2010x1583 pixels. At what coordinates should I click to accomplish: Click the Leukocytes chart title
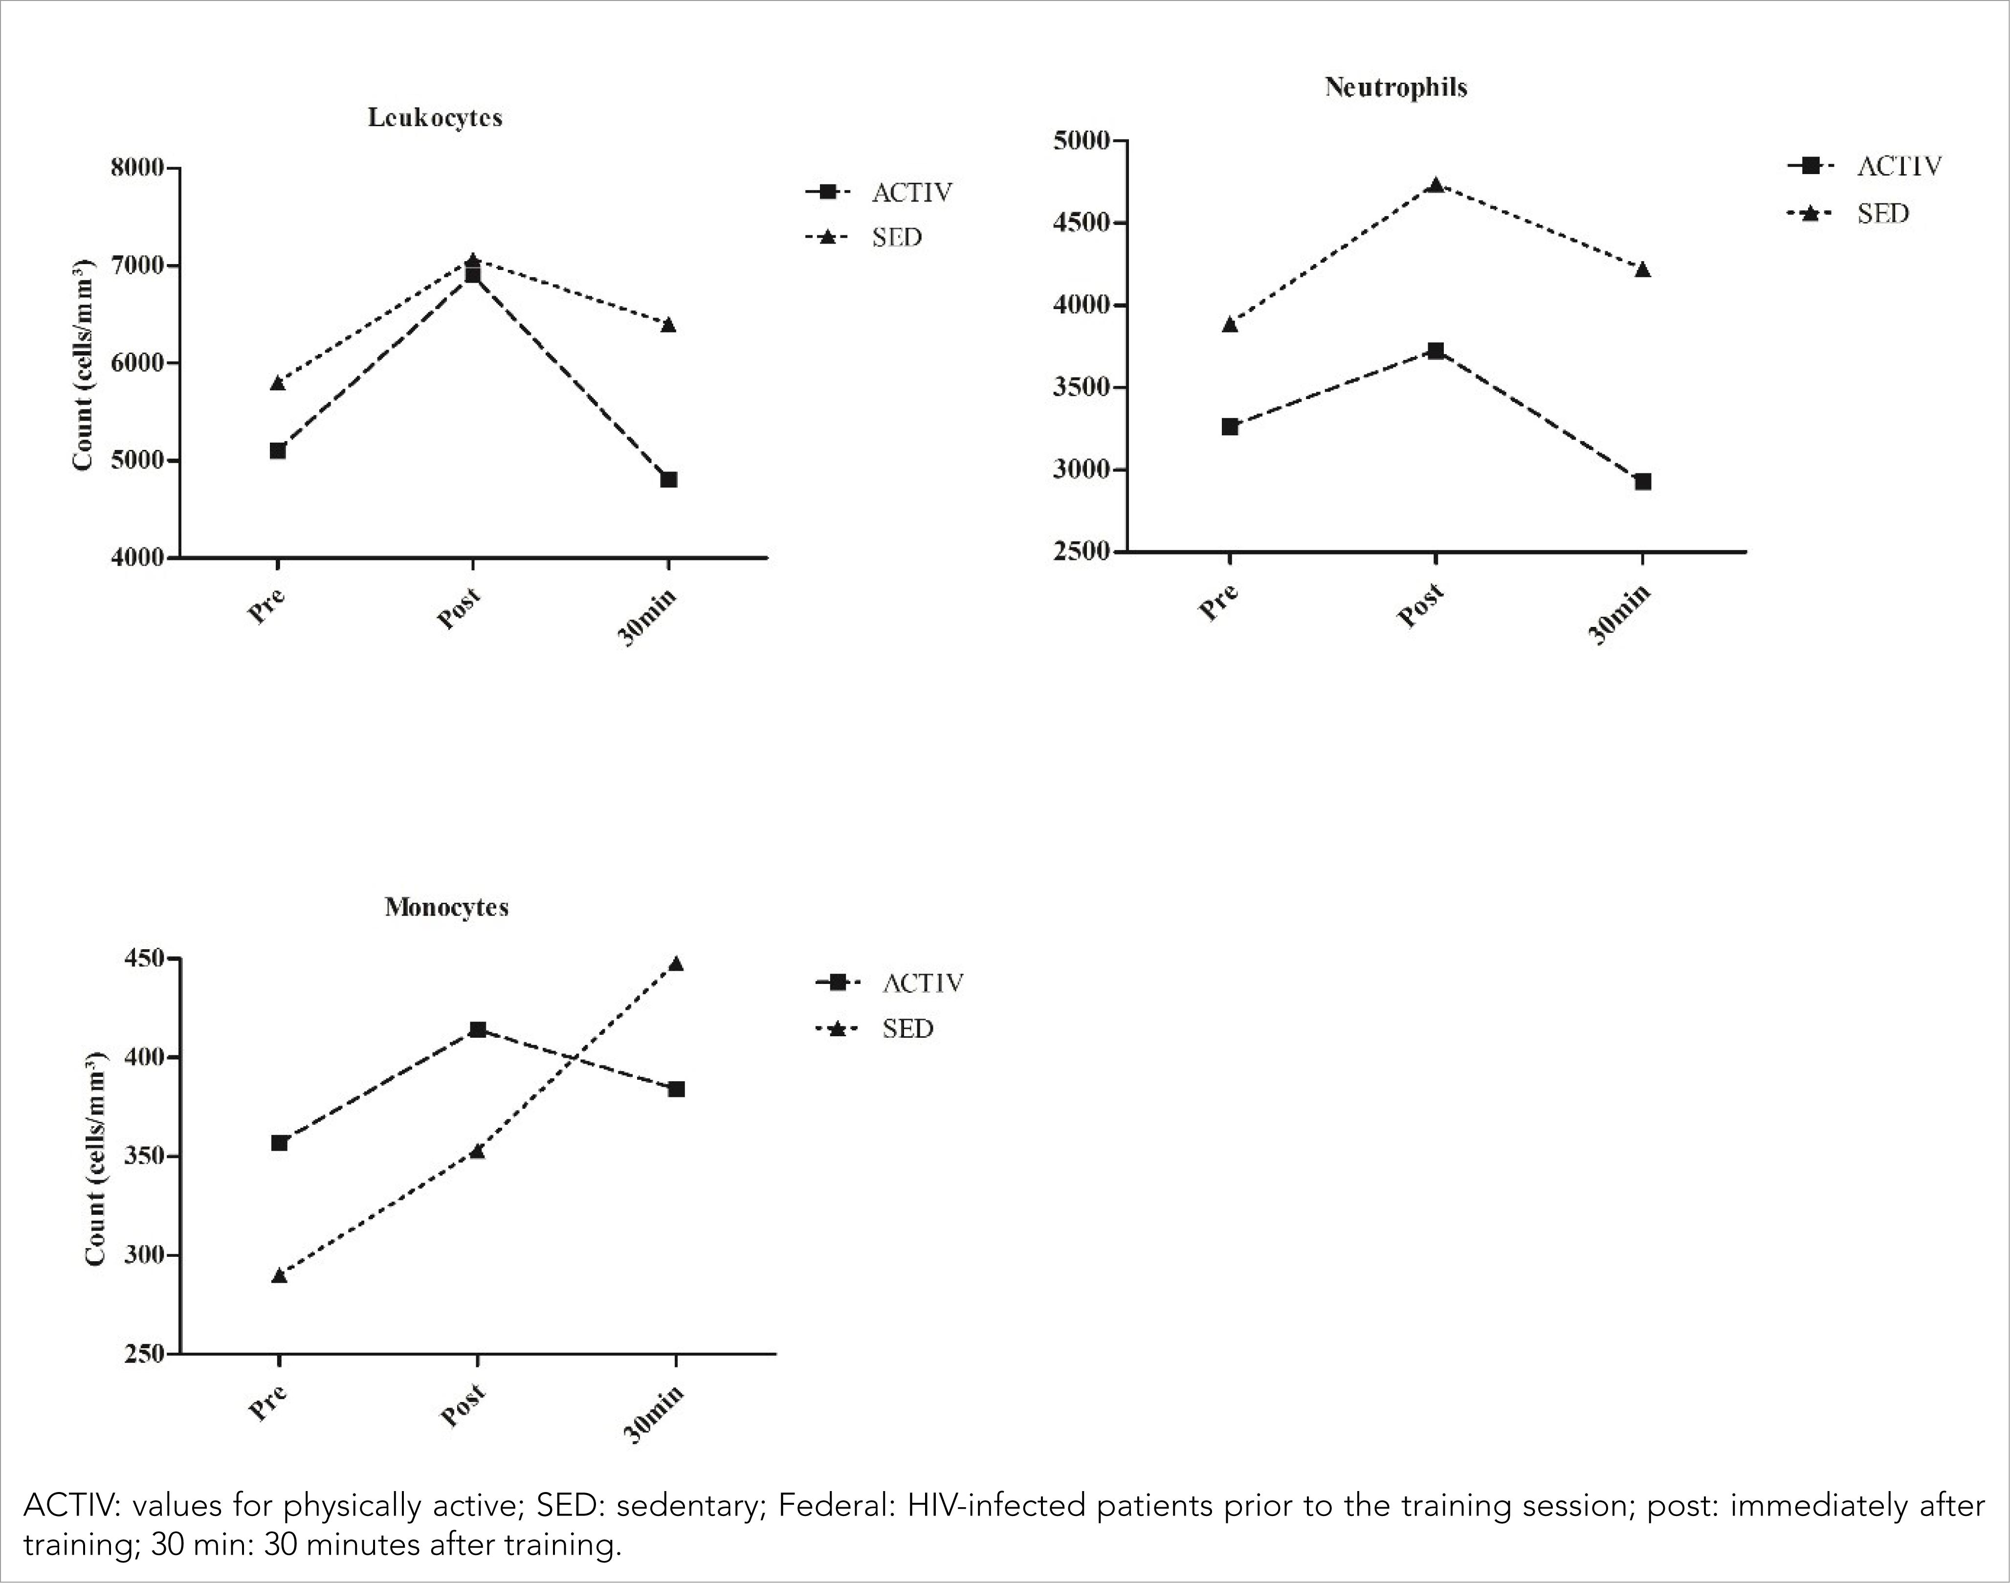tap(435, 118)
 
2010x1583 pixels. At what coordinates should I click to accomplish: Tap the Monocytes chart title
tap(447, 907)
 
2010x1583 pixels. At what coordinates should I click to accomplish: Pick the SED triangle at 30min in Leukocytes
tap(668, 324)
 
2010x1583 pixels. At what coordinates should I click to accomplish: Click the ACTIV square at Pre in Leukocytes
tap(277, 450)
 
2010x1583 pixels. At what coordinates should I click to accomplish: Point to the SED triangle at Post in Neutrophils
tap(1436, 184)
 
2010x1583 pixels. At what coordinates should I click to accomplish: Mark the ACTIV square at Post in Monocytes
tap(477, 1030)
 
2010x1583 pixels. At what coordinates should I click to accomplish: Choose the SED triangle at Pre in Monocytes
tap(279, 1275)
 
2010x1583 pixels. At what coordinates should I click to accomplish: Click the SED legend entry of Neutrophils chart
tap(1882, 214)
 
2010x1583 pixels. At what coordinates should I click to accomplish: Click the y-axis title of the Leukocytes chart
tap(84, 364)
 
